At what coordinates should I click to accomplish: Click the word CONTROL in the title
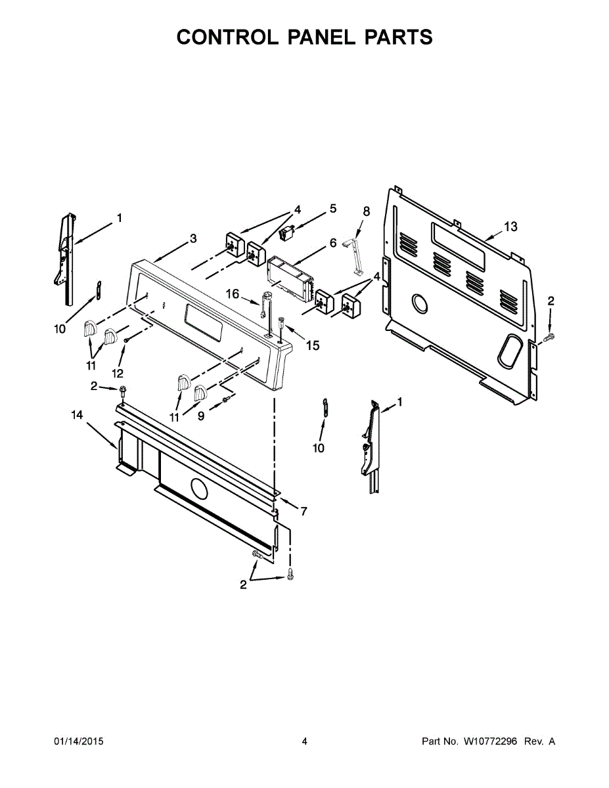pyautogui.click(x=227, y=37)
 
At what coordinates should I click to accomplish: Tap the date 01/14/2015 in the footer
pyautogui.click(x=79, y=741)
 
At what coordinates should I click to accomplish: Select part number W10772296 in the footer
pyautogui.click(x=490, y=741)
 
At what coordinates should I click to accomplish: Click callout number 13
pyautogui.click(x=510, y=227)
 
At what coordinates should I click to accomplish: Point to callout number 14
pyautogui.click(x=77, y=415)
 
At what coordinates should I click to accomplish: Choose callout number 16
pyautogui.click(x=233, y=294)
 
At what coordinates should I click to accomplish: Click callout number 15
pyautogui.click(x=313, y=345)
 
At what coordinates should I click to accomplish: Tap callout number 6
pyautogui.click(x=333, y=242)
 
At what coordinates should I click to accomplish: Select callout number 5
pyautogui.click(x=333, y=209)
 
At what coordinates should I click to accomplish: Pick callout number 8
pyautogui.click(x=367, y=211)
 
